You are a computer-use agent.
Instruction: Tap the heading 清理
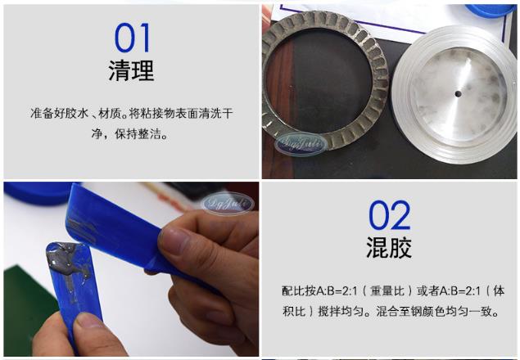pos(131,72)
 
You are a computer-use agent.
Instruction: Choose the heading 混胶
pos(389,248)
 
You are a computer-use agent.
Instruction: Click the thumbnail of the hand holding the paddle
pos(131,270)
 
